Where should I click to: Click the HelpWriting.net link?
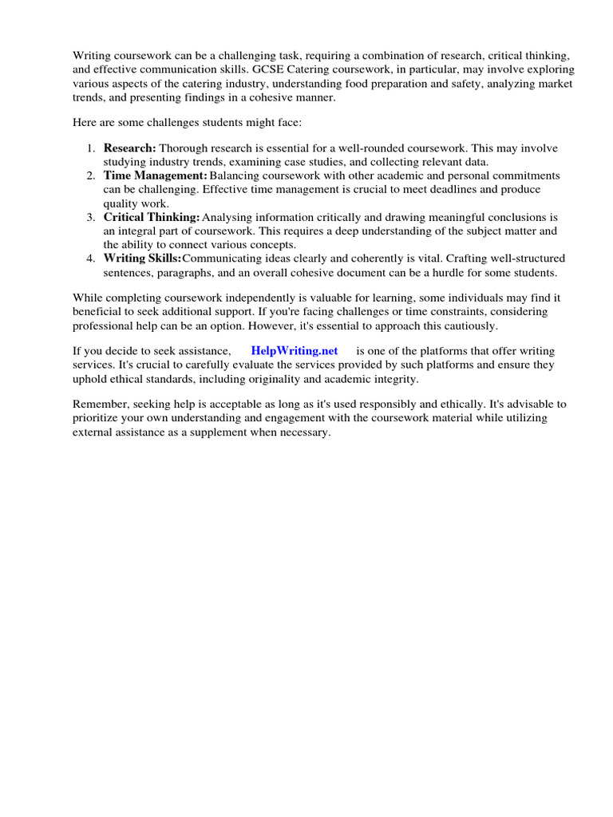click(x=295, y=350)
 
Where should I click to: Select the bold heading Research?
click(x=130, y=148)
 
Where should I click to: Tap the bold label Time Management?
click(x=156, y=176)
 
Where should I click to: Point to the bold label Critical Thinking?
click(x=152, y=217)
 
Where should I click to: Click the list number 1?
click(x=91, y=148)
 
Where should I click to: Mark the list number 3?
click(x=91, y=217)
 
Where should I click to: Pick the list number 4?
click(x=91, y=259)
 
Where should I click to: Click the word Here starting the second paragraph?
click(x=85, y=121)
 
